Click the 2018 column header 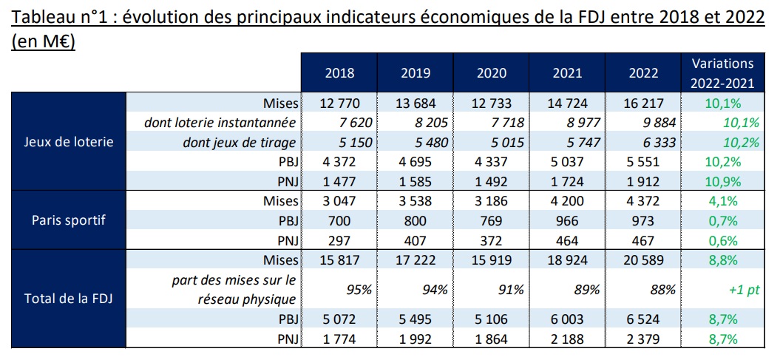point(339,73)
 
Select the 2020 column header point(491,73)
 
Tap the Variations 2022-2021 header point(721,72)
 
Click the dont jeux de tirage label point(240,143)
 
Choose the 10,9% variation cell point(721,181)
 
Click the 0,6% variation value point(721,240)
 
